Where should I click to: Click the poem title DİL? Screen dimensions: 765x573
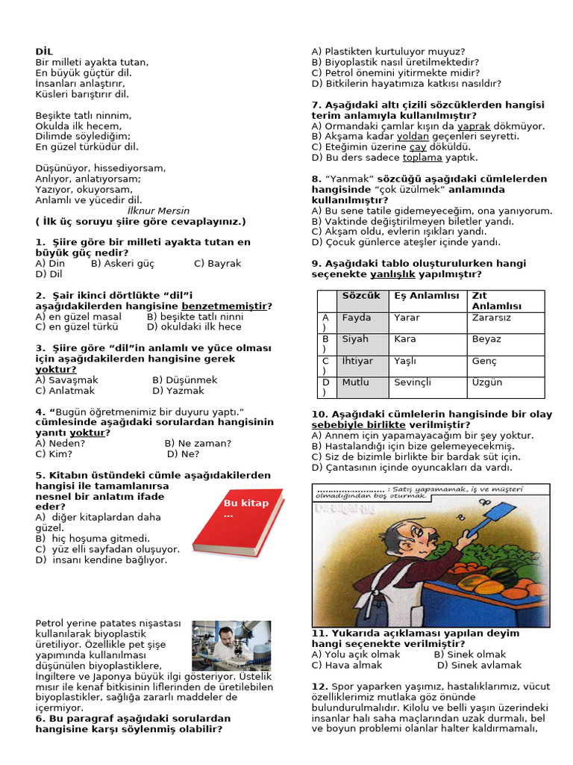pyautogui.click(x=44, y=52)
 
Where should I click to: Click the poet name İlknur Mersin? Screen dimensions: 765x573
pyautogui.click(x=158, y=211)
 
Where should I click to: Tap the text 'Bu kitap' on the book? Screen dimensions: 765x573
pyautogui.click(x=245, y=504)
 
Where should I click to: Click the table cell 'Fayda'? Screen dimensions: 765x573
pyautogui.click(x=357, y=318)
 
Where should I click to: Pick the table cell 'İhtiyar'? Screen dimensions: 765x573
pyautogui.click(x=357, y=361)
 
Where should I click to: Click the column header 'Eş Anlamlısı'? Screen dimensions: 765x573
pyautogui.click(x=427, y=296)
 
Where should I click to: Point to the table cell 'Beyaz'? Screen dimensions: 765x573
pyautogui.click(x=486, y=339)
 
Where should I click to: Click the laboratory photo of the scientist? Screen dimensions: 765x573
pyautogui.click(x=231, y=645)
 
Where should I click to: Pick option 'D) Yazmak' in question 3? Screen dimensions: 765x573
pyautogui.click(x=178, y=391)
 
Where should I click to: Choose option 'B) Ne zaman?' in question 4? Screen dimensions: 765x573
pyautogui.click(x=198, y=443)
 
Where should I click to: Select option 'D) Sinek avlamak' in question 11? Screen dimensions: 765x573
pyautogui.click(x=479, y=665)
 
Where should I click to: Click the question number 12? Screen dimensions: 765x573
pyautogui.click(x=319, y=687)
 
